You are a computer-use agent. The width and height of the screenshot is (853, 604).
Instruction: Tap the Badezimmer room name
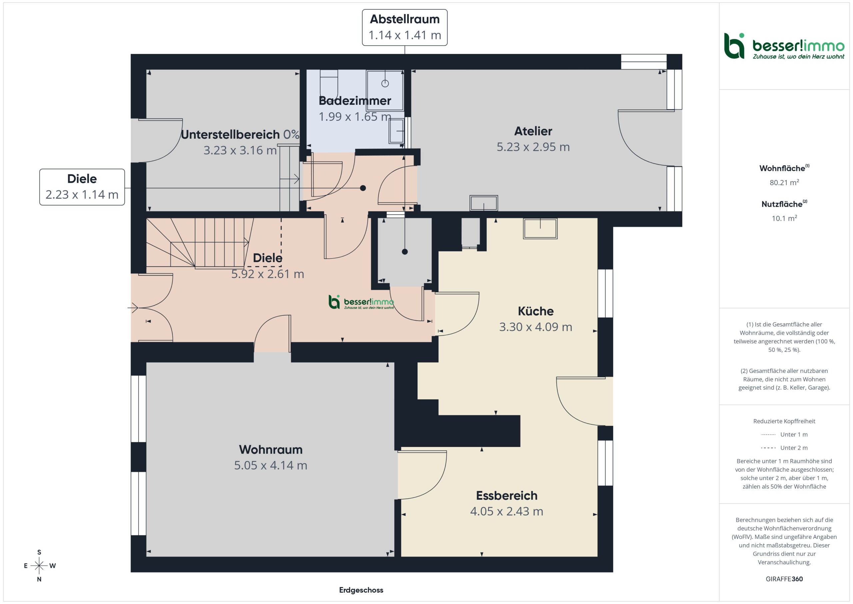[x=355, y=101]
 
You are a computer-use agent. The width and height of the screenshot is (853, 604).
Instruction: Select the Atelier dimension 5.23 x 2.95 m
[x=533, y=147]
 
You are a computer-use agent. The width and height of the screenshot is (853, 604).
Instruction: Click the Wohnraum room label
[x=271, y=449]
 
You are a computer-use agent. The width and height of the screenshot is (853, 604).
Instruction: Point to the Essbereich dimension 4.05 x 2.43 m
[x=507, y=511]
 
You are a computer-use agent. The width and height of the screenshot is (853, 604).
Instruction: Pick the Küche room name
[x=536, y=311]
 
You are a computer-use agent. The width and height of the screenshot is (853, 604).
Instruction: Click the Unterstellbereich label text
[x=230, y=134]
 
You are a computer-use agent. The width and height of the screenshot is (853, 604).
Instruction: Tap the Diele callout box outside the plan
[x=82, y=187]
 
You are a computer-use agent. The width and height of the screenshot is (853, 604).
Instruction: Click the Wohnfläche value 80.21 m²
[x=784, y=182]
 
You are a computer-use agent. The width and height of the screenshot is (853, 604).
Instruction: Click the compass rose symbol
[x=39, y=566]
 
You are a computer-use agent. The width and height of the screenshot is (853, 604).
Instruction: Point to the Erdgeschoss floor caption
[x=361, y=590]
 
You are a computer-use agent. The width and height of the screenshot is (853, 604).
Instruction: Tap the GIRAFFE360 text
[x=784, y=579]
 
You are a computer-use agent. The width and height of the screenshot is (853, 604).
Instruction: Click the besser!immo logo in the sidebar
[x=784, y=46]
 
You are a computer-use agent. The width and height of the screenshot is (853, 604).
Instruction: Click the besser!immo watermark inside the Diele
[x=361, y=302]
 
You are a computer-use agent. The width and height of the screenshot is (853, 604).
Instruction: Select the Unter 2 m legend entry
[x=784, y=448]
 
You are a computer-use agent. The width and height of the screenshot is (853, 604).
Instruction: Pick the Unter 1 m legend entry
[x=784, y=434]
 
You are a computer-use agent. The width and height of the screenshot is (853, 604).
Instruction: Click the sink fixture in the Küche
[x=540, y=228]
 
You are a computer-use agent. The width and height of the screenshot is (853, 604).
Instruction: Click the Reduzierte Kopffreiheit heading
[x=784, y=421]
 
